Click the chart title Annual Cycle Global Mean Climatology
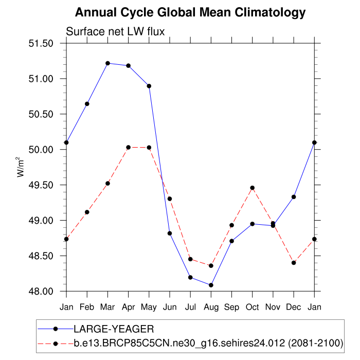tap(190, 12)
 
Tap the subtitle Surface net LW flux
tap(115, 32)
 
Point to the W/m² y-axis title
tap(21, 167)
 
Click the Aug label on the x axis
tap(211, 307)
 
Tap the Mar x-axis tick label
tap(107, 307)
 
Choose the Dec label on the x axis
tap(294, 307)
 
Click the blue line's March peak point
tap(107, 63)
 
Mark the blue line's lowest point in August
tap(211, 285)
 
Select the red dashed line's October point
tap(253, 188)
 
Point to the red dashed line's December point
tap(294, 263)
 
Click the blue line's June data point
tap(170, 233)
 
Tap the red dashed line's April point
tap(128, 148)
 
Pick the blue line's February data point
tap(87, 104)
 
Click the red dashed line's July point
tap(190, 259)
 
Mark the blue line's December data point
tap(294, 197)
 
